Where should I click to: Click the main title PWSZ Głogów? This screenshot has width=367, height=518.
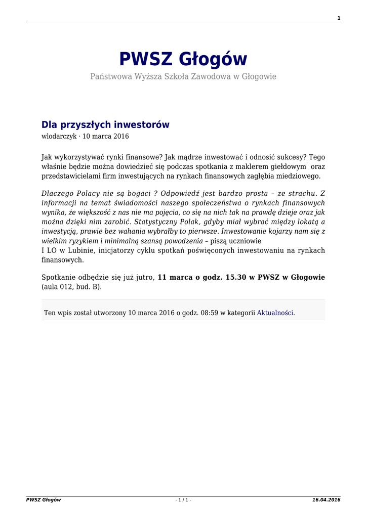[183, 59]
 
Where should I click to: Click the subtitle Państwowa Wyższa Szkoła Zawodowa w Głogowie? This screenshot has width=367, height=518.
[183, 76]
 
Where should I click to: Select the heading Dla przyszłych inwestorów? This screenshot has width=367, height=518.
[105, 124]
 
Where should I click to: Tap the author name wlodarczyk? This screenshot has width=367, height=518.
[59, 136]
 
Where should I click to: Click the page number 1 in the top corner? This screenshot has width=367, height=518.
[339, 18]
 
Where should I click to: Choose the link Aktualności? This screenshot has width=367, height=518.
[275, 313]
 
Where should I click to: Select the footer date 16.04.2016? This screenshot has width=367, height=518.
[326, 500]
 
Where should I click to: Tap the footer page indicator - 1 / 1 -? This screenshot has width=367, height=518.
[183, 500]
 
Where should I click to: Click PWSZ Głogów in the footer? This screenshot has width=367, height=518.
[44, 500]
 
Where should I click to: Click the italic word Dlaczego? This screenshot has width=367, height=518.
[58, 194]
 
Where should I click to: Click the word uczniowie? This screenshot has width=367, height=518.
[246, 241]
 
